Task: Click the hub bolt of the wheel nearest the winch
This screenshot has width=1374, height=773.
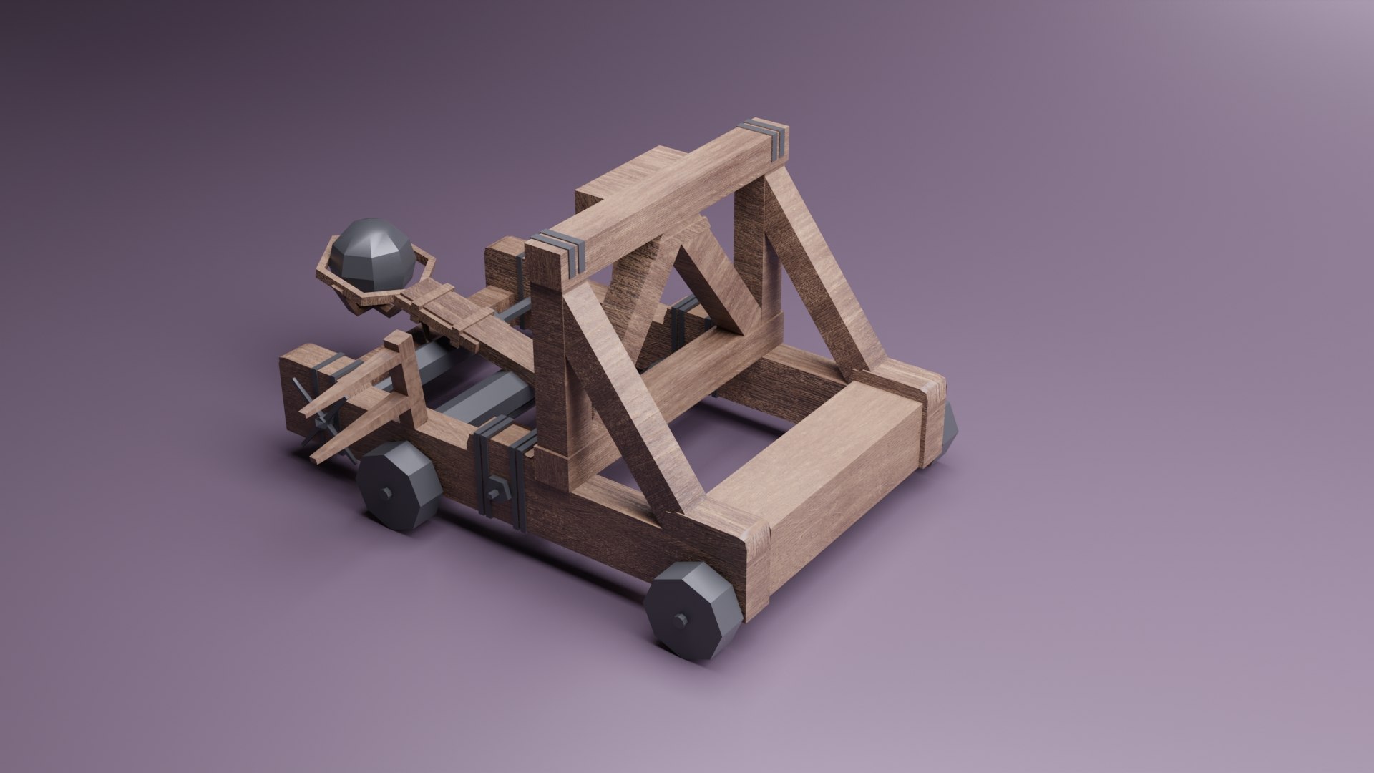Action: pos(386,493)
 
